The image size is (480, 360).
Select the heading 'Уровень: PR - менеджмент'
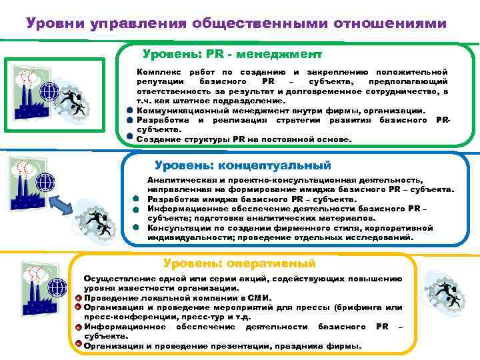coord(232,53)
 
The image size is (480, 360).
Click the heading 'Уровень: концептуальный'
coord(242,165)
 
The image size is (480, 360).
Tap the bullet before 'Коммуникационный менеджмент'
coord(129,110)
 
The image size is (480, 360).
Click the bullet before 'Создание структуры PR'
coord(129,139)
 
